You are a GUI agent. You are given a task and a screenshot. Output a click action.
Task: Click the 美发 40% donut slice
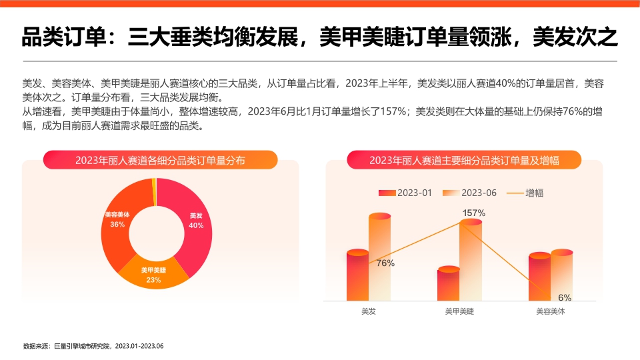pos(195,221)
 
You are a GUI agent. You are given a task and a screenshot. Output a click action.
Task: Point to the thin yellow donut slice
pos(154,183)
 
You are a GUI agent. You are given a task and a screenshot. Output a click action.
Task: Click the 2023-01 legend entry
pos(406,193)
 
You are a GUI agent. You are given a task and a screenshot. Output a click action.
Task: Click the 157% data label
pos(473,213)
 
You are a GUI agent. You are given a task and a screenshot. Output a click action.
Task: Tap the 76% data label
pos(385,263)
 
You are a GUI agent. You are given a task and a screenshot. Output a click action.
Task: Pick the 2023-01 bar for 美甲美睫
pos(448,284)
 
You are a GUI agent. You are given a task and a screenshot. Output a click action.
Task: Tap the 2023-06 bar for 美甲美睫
pos(470,260)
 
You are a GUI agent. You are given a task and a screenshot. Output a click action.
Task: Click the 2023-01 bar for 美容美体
pos(539,277)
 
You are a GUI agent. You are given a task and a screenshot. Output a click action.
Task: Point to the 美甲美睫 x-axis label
pos(459,311)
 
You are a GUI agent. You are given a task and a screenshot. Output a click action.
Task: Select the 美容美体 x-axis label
pos(551,311)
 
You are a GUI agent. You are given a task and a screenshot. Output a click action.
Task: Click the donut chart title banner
pos(159,160)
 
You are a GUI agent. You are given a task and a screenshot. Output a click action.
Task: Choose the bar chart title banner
pos(463,160)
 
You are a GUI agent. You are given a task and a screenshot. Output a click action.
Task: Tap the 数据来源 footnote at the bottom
pos(93,346)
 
